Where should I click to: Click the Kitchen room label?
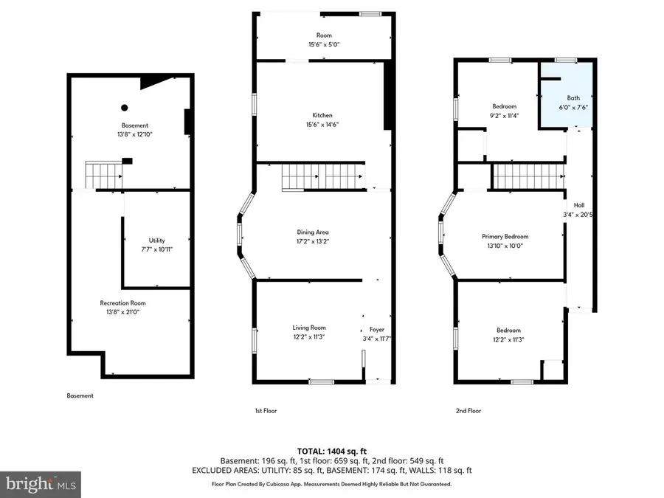[x=322, y=116]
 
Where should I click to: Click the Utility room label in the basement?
[x=156, y=240]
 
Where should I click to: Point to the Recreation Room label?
[x=123, y=303]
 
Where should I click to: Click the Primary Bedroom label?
[x=505, y=237]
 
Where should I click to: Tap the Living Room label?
[x=308, y=328]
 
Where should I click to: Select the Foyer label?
[x=377, y=329]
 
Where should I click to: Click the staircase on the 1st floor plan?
[x=322, y=177]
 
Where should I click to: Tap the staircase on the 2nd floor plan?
[x=527, y=176]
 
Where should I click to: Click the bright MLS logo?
[x=41, y=485]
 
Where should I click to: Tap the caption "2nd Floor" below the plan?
[x=468, y=411]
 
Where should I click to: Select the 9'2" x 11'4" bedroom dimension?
[x=504, y=115]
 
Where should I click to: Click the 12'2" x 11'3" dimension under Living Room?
[x=308, y=337]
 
